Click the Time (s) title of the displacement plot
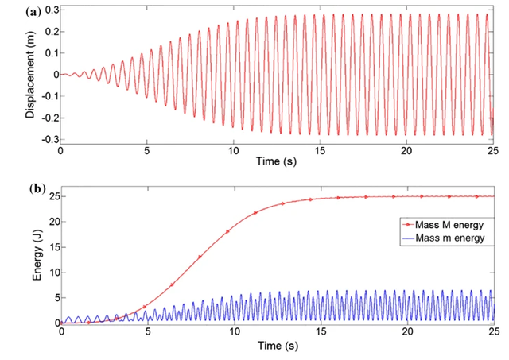coord(277,161)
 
